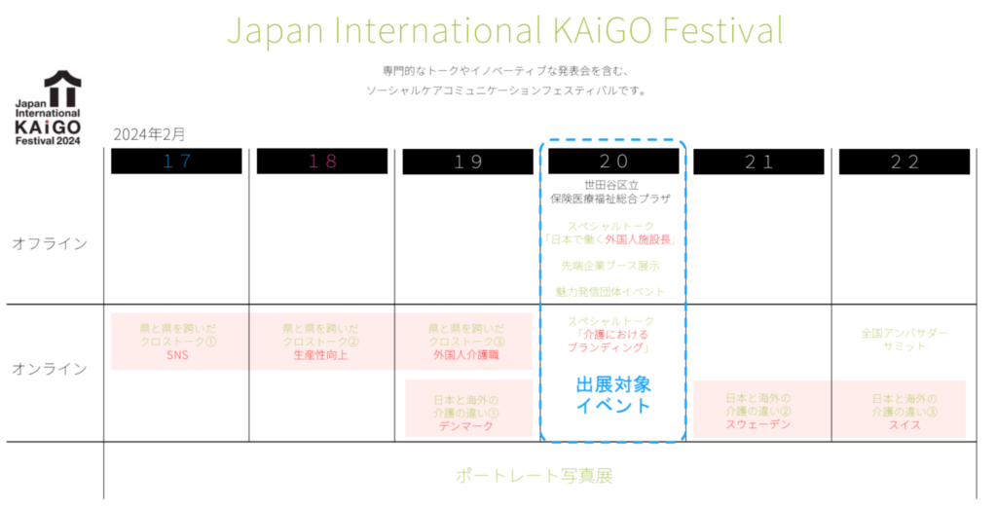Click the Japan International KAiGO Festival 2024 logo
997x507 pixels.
coord(49,108)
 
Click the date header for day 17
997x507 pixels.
coord(176,162)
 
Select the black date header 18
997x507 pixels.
coord(321,162)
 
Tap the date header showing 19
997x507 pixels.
coord(467,162)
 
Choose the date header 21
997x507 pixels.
coord(758,162)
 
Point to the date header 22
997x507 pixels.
coord(905,162)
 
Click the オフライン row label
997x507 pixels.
coord(49,243)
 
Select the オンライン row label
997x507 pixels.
coord(49,369)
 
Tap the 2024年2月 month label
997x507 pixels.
coord(148,133)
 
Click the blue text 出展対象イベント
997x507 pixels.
coord(613,395)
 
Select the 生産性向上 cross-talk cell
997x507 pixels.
coord(321,342)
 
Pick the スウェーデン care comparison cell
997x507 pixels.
coord(758,410)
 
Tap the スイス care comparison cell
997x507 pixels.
coord(905,410)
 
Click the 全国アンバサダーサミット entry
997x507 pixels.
coord(905,340)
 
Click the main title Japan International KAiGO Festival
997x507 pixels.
coord(504,30)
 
